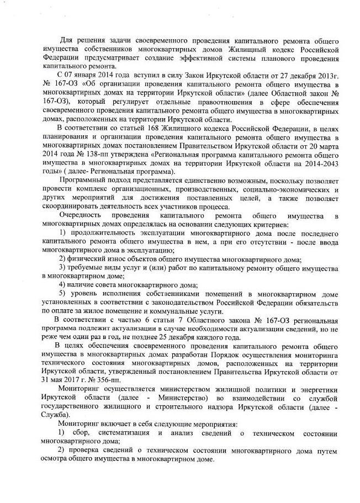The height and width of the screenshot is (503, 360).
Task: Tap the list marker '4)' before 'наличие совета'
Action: coord(64,285)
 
